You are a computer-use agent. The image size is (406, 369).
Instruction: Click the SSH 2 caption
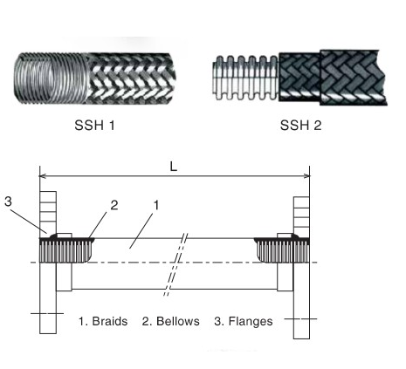(299, 126)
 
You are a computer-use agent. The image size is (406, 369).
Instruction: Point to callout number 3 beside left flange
(8, 202)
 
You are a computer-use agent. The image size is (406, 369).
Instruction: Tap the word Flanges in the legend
(249, 321)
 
